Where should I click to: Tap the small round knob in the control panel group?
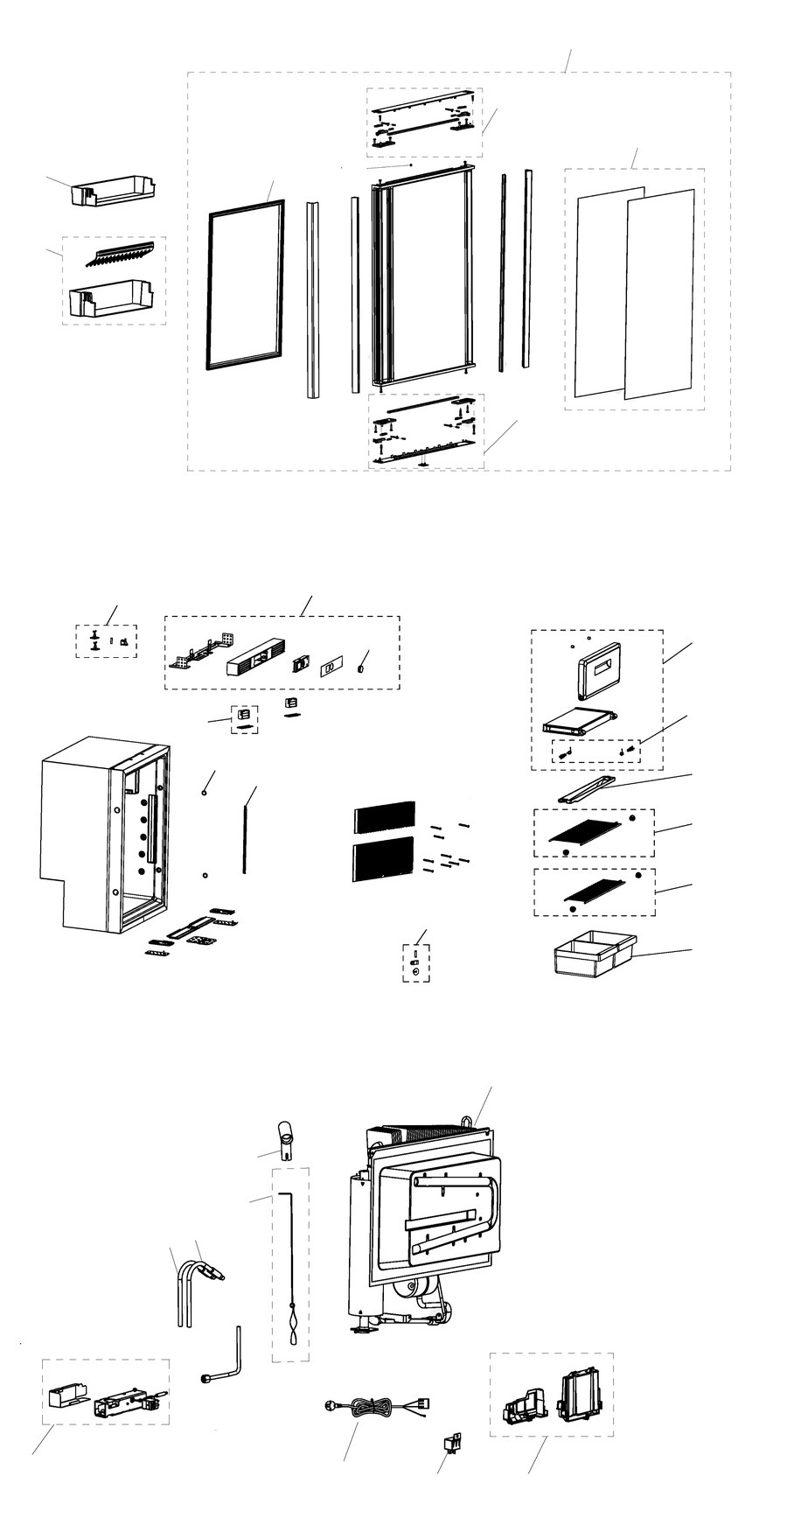(359, 669)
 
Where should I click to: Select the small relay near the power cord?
(454, 1440)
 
